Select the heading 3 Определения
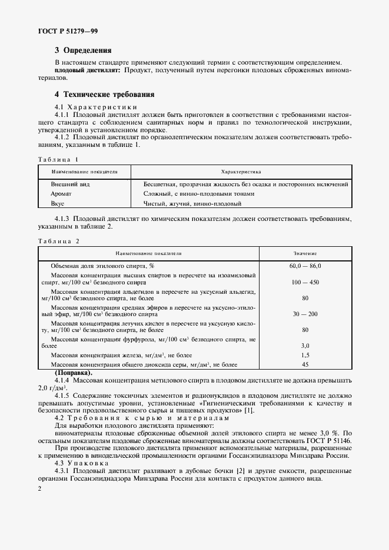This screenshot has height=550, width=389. pyautogui.click(x=83, y=51)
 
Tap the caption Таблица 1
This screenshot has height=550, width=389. pyautogui.click(x=58, y=159)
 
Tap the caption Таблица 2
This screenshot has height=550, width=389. pyautogui.click(x=58, y=241)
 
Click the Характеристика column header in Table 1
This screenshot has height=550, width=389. pyautogui.click(x=241, y=172)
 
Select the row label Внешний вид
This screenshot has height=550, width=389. pyautogui.click(x=71, y=184)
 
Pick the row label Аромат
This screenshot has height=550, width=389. pyautogui.click(x=62, y=193)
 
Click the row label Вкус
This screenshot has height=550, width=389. pyautogui.click(x=58, y=203)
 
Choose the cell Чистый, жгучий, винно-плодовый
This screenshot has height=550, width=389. pyautogui.click(x=192, y=203)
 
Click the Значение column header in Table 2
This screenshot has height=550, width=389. pyautogui.click(x=305, y=253)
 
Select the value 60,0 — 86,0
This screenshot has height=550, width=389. pyautogui.click(x=305, y=266)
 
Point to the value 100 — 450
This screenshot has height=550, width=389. pyautogui.click(x=305, y=283)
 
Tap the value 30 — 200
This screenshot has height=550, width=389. pyautogui.click(x=305, y=314)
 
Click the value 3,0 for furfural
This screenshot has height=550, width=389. pyautogui.click(x=305, y=346)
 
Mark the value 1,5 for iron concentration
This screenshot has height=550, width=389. pyautogui.click(x=305, y=356)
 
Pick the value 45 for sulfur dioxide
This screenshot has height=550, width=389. pyautogui.click(x=305, y=364)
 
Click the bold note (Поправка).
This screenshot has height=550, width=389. pyautogui.click(x=74, y=373)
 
